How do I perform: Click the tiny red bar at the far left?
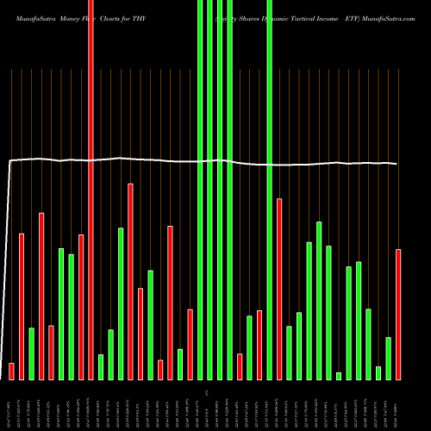coord(11,371)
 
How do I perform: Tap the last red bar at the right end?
coord(398,314)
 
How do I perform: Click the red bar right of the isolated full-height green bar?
coord(279,289)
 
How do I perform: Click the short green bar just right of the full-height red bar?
coord(101,366)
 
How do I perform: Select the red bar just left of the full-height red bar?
coord(81,307)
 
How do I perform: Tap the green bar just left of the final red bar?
coord(388,358)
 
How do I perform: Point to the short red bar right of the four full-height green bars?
coord(240,366)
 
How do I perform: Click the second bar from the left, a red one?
coord(22,306)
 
